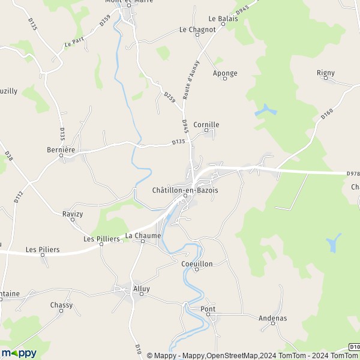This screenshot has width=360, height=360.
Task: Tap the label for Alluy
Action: (x=142, y=288)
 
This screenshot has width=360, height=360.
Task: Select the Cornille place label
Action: (x=206, y=125)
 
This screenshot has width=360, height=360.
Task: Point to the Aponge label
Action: (x=225, y=73)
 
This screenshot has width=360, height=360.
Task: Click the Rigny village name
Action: (x=326, y=73)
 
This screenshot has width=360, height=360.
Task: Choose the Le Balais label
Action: (x=223, y=19)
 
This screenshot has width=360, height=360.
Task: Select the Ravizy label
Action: (x=72, y=213)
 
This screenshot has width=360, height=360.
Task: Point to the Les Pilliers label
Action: (x=101, y=239)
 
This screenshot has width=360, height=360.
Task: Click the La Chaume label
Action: (x=143, y=236)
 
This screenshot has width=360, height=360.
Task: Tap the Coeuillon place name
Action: (x=196, y=263)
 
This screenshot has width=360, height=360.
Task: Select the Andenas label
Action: (x=273, y=318)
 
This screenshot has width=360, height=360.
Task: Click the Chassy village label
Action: (x=61, y=305)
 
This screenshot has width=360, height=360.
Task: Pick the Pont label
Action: (x=208, y=309)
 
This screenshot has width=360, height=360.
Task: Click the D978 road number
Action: (x=353, y=174)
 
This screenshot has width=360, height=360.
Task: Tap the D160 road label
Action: (x=326, y=113)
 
